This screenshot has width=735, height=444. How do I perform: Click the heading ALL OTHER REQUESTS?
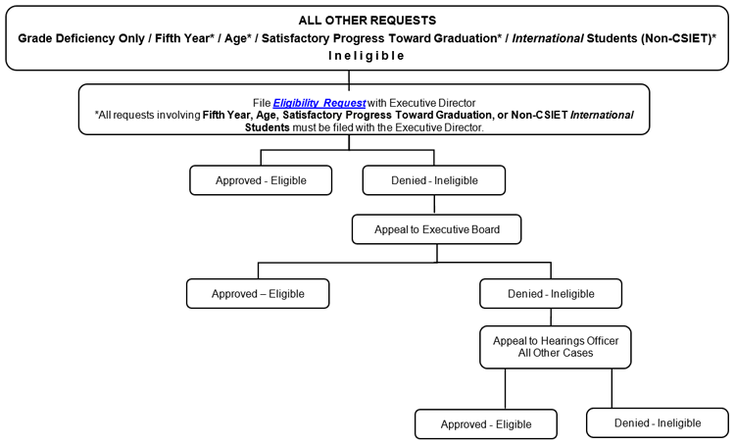(367, 21)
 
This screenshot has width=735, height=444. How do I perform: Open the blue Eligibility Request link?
(318, 103)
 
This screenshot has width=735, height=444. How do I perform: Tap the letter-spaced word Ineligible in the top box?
(367, 56)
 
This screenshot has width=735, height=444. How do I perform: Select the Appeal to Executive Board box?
(436, 229)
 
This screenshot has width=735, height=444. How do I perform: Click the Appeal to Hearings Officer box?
(555, 347)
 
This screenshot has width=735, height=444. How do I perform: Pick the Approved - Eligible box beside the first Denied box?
(261, 180)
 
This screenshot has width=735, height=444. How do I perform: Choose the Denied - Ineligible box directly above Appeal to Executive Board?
(434, 180)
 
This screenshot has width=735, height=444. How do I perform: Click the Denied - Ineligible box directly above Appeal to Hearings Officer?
(551, 293)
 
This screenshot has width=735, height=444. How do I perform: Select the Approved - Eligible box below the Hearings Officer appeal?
(486, 423)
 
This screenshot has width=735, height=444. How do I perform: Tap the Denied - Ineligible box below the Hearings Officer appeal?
(658, 422)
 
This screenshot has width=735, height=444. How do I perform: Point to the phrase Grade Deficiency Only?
(81, 38)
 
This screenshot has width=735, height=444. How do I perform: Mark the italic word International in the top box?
(548, 38)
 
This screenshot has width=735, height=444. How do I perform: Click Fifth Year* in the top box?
(184, 38)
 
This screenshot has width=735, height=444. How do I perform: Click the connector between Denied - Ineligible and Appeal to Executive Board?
(434, 205)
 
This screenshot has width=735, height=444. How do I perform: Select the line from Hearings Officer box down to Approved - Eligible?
(506, 389)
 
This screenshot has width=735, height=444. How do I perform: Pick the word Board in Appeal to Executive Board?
(486, 229)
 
